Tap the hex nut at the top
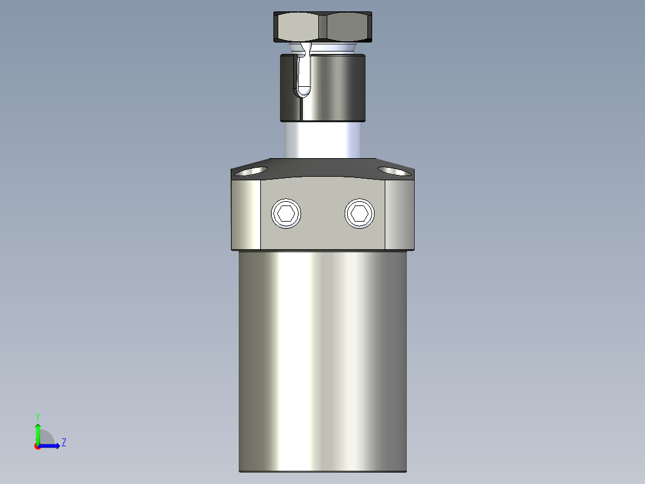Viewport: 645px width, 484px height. (x=323, y=27)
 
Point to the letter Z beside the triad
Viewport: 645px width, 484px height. (x=63, y=443)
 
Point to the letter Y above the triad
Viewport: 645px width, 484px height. (x=37, y=416)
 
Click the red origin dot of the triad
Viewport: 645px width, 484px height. (x=37, y=446)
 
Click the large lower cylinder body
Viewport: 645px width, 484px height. (x=323, y=359)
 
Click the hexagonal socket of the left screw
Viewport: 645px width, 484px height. (x=286, y=213)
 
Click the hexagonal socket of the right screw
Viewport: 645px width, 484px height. (x=360, y=213)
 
